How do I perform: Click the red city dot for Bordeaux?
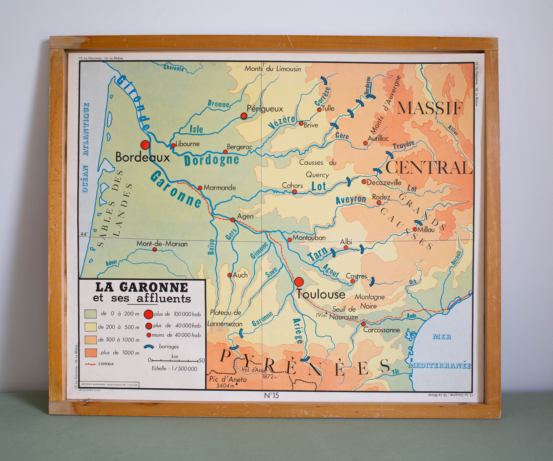(x=145, y=145)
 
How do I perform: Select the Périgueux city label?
(x=265, y=109)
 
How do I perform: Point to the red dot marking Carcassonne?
(x=363, y=324)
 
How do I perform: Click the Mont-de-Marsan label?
(x=162, y=244)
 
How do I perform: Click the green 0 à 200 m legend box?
(x=90, y=314)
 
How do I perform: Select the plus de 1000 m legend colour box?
(x=90, y=353)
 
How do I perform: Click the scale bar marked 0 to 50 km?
(x=175, y=360)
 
